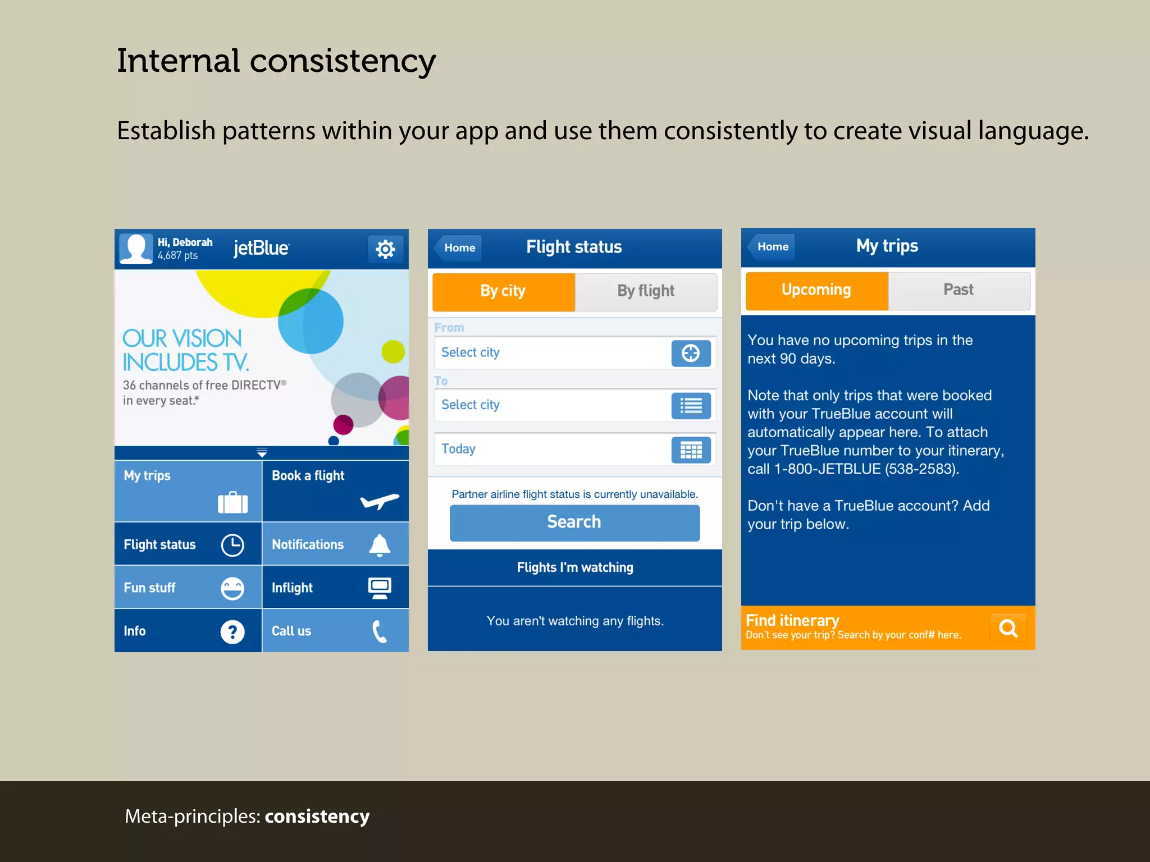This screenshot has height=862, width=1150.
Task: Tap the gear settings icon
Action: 385,249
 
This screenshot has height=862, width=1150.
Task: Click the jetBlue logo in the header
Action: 261,248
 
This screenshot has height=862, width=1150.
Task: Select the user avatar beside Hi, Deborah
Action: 135,248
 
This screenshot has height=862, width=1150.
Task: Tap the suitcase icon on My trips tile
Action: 232,502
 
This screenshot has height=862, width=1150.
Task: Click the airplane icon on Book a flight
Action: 380,501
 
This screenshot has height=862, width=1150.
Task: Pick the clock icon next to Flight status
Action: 232,545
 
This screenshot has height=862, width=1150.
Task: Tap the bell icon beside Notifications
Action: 380,545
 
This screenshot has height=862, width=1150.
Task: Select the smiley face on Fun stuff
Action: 232,589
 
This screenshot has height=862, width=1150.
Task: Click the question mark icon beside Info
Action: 232,632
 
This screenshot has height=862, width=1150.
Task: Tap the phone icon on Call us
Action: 380,632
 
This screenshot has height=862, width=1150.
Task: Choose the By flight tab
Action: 646,291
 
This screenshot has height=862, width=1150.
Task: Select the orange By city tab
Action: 503,291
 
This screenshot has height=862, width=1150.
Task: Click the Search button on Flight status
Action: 574,522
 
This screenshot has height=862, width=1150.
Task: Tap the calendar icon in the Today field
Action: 691,450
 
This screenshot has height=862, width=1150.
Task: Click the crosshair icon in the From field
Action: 691,353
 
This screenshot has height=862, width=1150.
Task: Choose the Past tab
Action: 959,290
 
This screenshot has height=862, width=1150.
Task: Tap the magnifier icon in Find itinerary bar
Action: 1008,628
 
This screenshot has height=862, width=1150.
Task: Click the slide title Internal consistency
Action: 276,61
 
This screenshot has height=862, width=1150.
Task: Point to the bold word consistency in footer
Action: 317,817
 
